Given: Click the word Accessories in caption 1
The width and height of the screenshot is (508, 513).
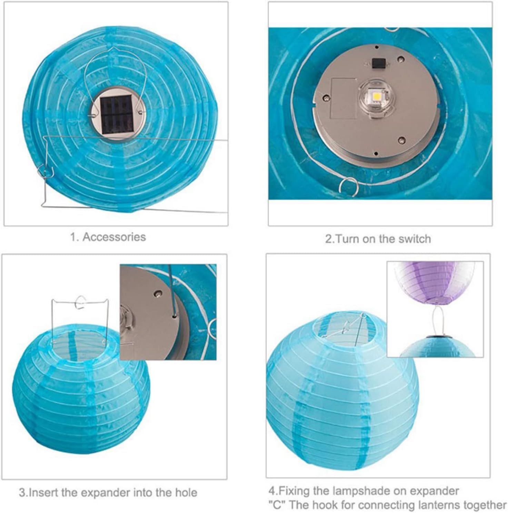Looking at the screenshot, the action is pyautogui.click(x=114, y=237).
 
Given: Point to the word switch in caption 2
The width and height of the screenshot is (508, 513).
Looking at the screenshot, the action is pyautogui.click(x=413, y=239).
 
